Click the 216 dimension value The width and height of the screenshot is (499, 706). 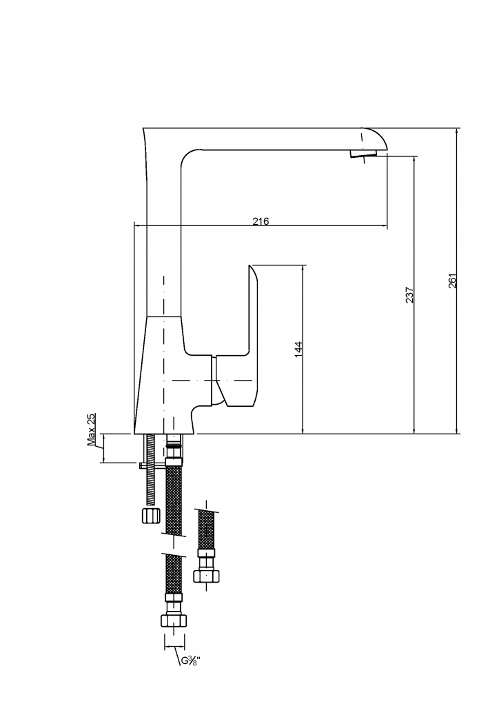point(261,221)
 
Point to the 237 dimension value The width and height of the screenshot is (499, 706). point(409,294)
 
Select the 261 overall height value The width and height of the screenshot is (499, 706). point(452,281)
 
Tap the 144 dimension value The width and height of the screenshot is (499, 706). point(298,350)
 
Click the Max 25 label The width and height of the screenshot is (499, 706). point(92,430)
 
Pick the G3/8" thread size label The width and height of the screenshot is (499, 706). point(190,660)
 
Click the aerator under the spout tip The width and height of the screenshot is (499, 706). point(363,154)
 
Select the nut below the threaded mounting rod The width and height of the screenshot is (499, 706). point(151,515)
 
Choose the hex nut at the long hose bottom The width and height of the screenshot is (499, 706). point(173,621)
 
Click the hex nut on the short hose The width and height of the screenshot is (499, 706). point(206,576)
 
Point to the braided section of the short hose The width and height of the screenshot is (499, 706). point(206,529)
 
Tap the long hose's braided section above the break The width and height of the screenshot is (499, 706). point(174,500)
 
